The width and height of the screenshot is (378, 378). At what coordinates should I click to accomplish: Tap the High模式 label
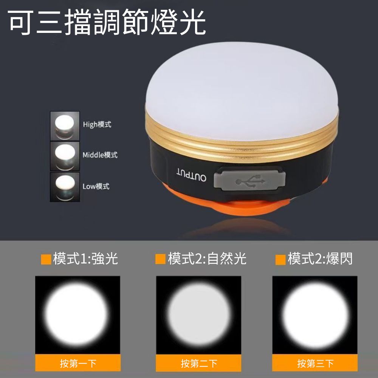click(97, 124)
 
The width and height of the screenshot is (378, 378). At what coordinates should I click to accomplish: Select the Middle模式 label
click(100, 155)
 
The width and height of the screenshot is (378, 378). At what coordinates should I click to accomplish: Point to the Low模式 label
click(96, 186)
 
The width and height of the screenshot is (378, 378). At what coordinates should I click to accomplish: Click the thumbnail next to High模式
click(65, 126)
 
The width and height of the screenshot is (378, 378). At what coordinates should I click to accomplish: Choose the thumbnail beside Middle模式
click(65, 156)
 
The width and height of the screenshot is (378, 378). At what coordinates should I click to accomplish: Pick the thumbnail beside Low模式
click(65, 187)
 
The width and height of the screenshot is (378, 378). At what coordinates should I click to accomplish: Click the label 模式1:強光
click(85, 259)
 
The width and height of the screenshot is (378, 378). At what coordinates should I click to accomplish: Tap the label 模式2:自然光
click(207, 259)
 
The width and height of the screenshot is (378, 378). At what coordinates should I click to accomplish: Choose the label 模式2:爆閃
click(320, 259)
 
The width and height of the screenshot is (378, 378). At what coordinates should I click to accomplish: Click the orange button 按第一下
click(78, 363)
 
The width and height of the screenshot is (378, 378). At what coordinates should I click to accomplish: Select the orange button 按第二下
click(199, 363)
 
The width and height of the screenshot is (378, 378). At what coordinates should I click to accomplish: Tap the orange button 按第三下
click(315, 363)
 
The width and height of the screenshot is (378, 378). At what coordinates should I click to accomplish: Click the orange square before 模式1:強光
click(46, 259)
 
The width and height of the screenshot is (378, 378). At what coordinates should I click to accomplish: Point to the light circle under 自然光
click(199, 314)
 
